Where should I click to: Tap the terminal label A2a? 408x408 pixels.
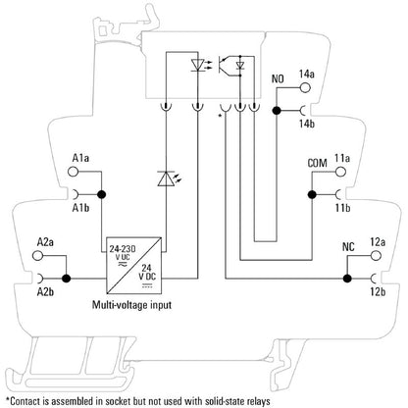[x=45, y=240]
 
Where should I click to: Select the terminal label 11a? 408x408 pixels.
[x=343, y=156]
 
